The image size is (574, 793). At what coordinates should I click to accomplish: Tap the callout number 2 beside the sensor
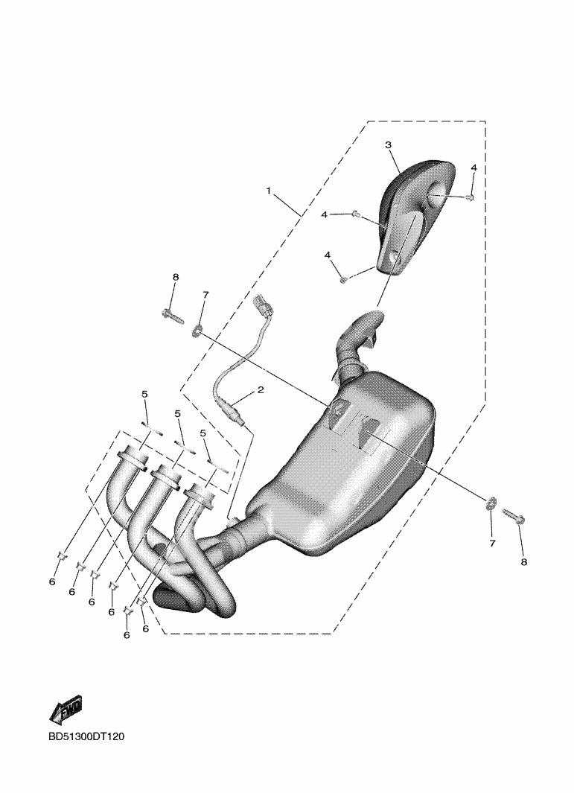tap(261, 389)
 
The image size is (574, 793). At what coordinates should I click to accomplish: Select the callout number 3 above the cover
tap(388, 145)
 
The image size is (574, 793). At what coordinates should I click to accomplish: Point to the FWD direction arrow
tap(66, 710)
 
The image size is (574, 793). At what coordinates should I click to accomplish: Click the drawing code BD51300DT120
tap(86, 737)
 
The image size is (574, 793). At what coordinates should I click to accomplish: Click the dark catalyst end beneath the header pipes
tap(173, 598)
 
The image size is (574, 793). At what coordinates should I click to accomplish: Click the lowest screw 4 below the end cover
tap(343, 279)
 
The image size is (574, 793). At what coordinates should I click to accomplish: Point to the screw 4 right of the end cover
tap(471, 197)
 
